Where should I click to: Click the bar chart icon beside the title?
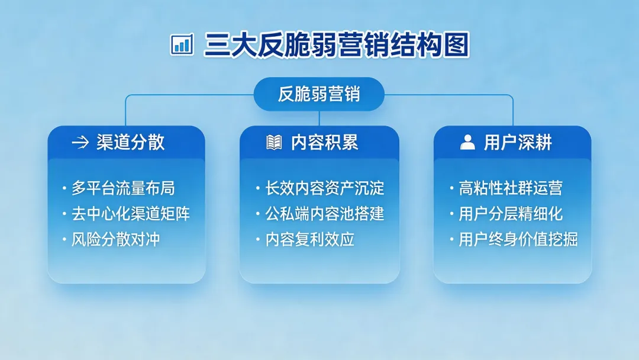(x=182, y=44)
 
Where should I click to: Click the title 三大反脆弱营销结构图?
(x=337, y=45)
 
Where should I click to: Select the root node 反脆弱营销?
(x=319, y=94)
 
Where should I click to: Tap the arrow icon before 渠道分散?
(x=80, y=143)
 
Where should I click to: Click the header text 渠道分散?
(x=131, y=143)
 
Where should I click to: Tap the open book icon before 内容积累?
(x=274, y=143)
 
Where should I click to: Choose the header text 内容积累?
(x=324, y=143)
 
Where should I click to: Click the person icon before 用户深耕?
(x=467, y=143)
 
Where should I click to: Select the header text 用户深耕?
(x=518, y=143)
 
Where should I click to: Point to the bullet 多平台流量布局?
(x=123, y=189)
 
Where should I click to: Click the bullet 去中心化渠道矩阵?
(x=131, y=214)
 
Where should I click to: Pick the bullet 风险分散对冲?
(x=115, y=240)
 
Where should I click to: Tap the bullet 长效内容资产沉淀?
(x=325, y=189)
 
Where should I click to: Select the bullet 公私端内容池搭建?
(x=325, y=214)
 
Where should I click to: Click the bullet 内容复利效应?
(x=309, y=240)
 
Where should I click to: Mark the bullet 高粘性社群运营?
(x=511, y=189)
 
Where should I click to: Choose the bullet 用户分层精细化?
(x=511, y=214)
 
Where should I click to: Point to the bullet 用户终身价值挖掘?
(x=518, y=240)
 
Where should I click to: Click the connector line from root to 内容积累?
(x=319, y=118)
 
